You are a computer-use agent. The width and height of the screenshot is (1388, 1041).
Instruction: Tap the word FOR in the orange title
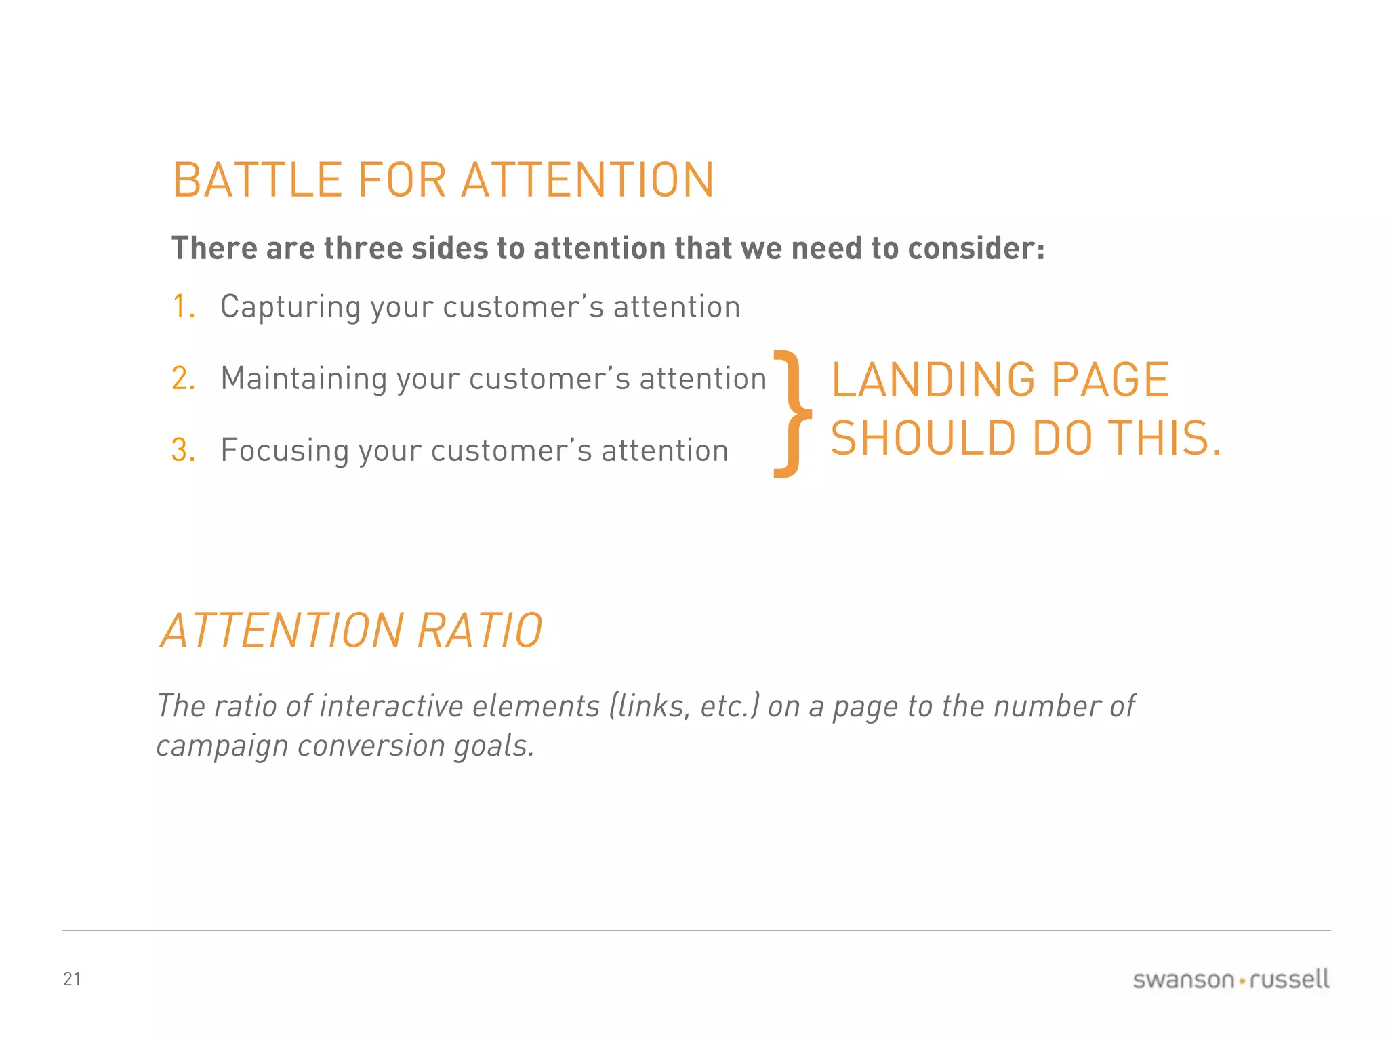401,180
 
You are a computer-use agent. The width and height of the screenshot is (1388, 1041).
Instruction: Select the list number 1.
182,306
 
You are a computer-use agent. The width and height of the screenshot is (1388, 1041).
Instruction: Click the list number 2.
183,378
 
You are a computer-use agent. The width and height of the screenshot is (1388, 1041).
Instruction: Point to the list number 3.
183,450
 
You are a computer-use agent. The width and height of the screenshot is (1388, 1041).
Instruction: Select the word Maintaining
303,379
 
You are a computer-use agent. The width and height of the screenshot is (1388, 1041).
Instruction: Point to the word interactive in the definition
392,706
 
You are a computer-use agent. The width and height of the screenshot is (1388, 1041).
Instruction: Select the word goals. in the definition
494,746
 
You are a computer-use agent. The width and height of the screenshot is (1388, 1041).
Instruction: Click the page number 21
72,979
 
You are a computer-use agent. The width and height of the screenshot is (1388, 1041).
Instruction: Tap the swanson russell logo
1231,979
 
